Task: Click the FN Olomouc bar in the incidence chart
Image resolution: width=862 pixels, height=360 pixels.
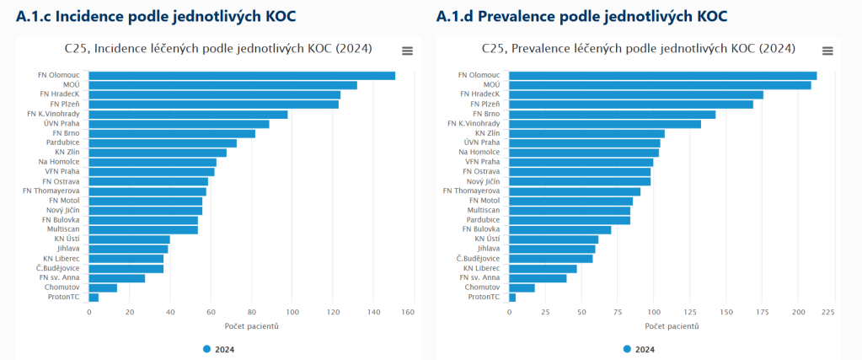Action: (242, 76)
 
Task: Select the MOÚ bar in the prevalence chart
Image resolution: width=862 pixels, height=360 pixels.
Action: (660, 85)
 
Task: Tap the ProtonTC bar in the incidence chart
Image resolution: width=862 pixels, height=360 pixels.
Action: (94, 298)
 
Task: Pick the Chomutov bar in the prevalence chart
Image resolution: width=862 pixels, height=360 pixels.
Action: (522, 287)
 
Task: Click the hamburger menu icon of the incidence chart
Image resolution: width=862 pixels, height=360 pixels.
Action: (407, 51)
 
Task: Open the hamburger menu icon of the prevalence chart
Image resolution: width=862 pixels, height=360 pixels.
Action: (827, 51)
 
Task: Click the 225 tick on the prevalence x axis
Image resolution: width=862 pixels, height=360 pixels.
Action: (827, 313)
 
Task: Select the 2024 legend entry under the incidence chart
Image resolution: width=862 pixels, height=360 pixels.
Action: (219, 349)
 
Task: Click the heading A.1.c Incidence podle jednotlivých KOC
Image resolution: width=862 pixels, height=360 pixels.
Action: (156, 17)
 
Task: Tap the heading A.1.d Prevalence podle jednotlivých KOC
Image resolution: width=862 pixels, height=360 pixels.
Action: (581, 17)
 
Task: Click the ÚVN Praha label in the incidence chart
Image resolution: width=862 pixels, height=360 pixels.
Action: (62, 124)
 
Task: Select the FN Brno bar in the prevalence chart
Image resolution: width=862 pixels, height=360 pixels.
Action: (612, 114)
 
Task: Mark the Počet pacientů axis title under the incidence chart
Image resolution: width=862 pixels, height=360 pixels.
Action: (251, 326)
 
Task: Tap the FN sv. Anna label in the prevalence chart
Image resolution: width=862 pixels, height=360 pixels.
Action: (479, 277)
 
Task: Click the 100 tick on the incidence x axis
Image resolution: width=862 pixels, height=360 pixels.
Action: (292, 313)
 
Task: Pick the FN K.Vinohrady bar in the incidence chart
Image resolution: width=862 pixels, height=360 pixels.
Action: (188, 115)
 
